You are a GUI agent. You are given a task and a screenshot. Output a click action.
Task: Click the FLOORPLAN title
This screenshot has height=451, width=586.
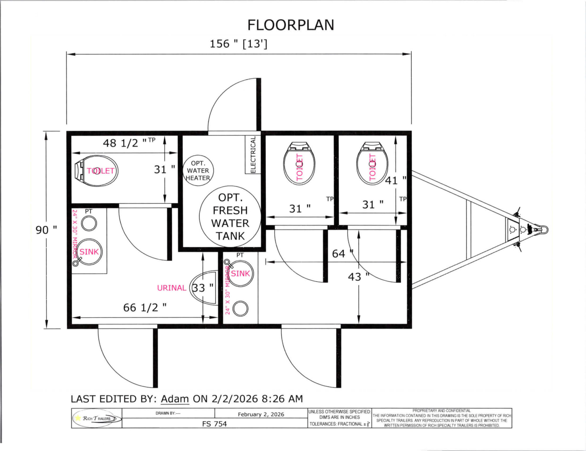click(x=291, y=25)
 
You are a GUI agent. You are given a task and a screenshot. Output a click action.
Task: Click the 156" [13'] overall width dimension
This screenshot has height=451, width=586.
click(x=238, y=44)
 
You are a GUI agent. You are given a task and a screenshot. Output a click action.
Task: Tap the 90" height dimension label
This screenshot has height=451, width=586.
click(x=46, y=230)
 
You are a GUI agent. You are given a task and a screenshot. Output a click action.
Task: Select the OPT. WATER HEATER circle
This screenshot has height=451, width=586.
click(x=198, y=171)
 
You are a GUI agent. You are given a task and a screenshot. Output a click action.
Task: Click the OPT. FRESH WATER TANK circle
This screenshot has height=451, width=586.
click(x=230, y=217)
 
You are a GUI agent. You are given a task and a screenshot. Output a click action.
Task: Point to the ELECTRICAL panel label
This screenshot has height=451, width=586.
click(x=253, y=155)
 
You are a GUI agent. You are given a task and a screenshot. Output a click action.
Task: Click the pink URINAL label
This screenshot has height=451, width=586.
click(x=172, y=288)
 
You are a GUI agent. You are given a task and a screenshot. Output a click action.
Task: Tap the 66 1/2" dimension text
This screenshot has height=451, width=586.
click(x=145, y=308)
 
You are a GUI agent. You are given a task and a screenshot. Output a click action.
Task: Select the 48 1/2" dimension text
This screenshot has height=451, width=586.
click(x=125, y=143)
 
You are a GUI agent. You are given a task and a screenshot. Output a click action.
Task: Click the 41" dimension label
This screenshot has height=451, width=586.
click(x=395, y=180)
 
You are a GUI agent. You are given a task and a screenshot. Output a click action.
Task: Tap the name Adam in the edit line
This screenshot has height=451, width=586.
click(x=175, y=399)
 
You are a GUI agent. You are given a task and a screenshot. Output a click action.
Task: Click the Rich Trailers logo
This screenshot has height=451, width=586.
click(x=97, y=418)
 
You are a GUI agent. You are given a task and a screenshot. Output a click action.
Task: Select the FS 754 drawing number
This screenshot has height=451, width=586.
click(x=214, y=424)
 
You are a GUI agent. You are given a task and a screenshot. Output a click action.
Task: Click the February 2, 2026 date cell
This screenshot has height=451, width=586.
click(x=261, y=414)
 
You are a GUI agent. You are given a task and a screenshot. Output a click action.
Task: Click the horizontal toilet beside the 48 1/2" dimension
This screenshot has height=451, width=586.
click(x=97, y=171)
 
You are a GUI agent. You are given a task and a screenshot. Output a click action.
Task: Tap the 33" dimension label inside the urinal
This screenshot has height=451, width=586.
click(x=202, y=288)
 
